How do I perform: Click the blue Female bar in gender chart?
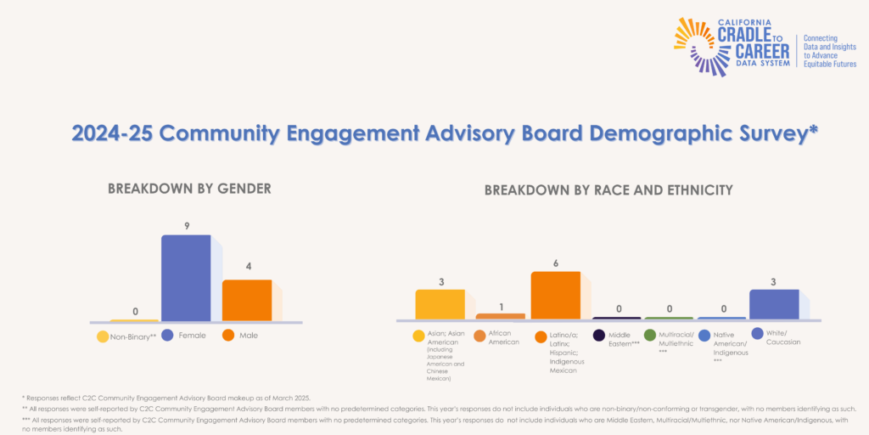[x=186, y=278]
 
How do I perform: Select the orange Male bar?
[x=246, y=300]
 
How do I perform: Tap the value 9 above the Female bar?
[x=186, y=226]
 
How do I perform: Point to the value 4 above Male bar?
[x=247, y=267]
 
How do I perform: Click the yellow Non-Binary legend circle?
[x=103, y=336]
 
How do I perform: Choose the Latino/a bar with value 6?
[x=556, y=295]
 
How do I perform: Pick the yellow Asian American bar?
[x=440, y=304]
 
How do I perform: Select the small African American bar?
[x=501, y=316]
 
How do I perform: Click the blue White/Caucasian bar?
[x=774, y=304]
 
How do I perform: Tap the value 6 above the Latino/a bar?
[x=556, y=263]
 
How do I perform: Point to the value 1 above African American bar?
[x=501, y=307]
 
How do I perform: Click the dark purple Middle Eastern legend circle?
[x=599, y=336]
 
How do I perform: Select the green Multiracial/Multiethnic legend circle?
[x=650, y=336]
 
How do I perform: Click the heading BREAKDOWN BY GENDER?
[x=189, y=189]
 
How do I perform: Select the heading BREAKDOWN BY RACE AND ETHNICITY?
[x=608, y=190]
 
